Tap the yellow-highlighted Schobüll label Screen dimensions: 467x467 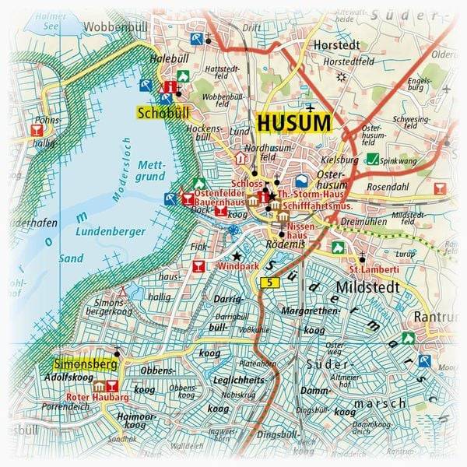159,113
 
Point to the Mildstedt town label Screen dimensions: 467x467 367,287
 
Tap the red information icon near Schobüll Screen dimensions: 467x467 173,89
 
